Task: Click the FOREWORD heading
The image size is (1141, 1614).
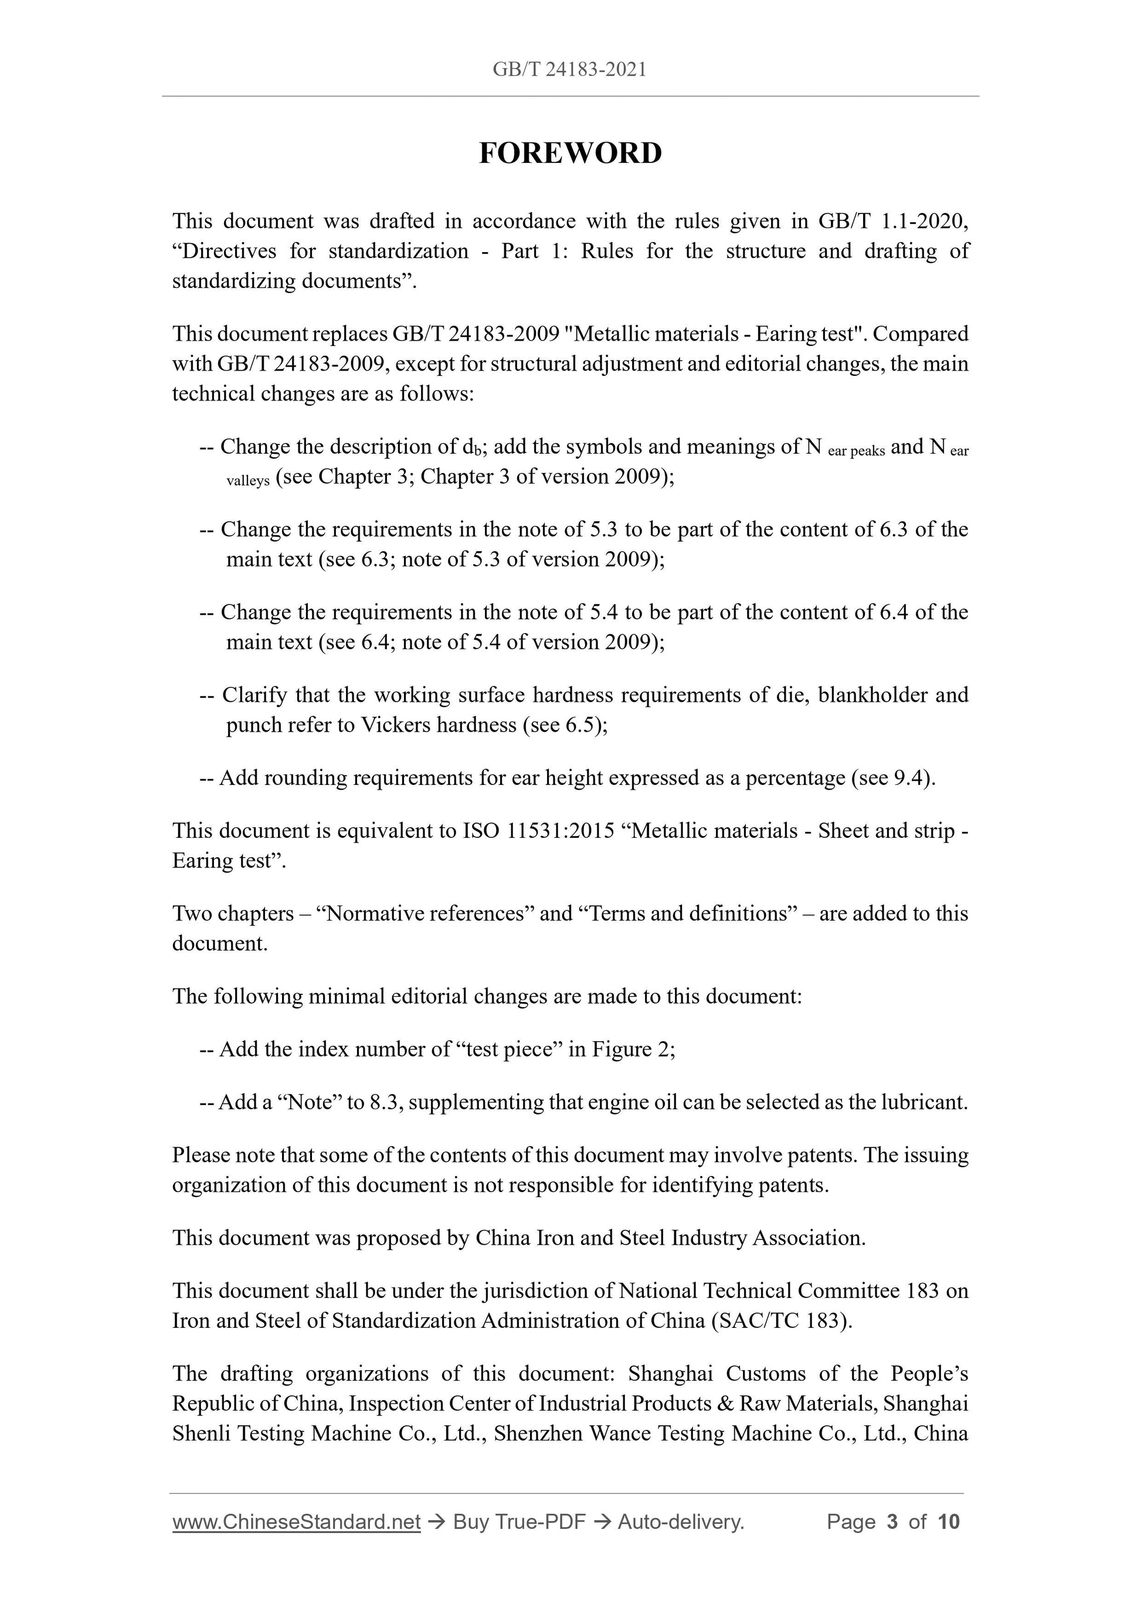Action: click(570, 153)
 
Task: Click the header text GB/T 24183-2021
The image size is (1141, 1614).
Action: click(569, 70)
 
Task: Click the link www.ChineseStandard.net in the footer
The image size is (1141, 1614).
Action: click(296, 1521)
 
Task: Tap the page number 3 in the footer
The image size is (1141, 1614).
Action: click(892, 1521)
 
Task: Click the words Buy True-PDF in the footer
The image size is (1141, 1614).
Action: click(519, 1521)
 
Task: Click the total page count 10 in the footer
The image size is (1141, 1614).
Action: click(948, 1521)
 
